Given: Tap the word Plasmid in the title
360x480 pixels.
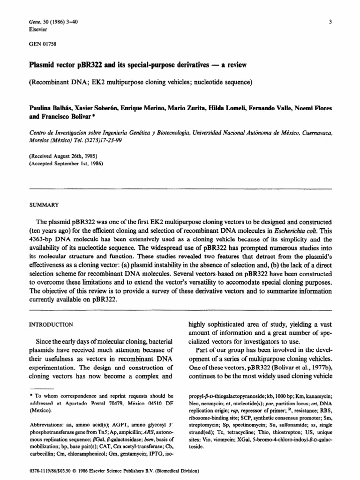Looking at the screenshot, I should click(x=42, y=65).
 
